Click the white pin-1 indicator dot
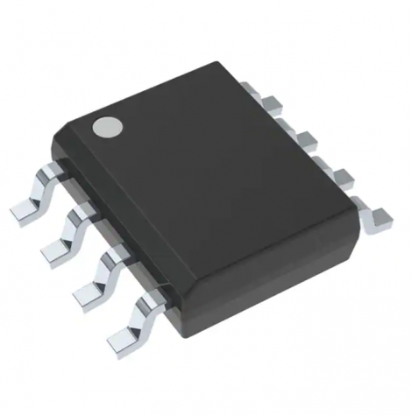(x=109, y=127)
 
